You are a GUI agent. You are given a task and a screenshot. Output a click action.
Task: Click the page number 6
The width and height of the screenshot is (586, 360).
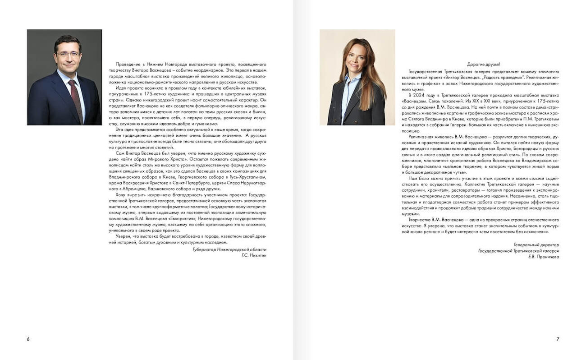click(28, 339)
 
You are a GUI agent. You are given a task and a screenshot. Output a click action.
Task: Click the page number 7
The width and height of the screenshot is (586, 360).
click(558, 339)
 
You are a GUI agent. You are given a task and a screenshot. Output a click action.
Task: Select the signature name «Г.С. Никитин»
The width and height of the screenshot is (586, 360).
click(254, 255)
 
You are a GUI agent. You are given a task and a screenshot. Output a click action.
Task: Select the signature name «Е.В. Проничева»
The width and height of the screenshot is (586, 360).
click(544, 257)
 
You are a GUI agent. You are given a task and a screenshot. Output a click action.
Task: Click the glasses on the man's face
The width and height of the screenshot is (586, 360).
click(68, 55)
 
